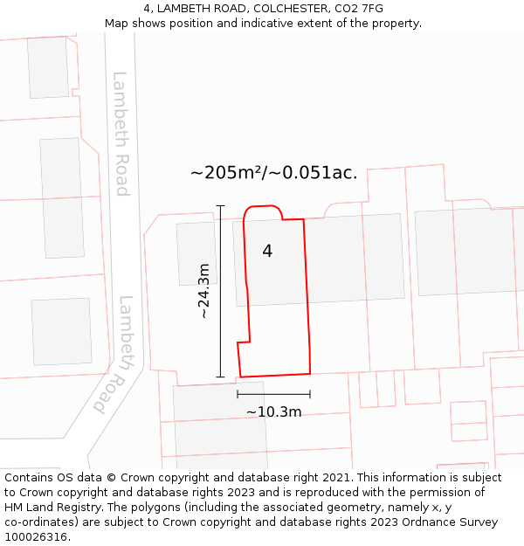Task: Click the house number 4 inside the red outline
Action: (267, 252)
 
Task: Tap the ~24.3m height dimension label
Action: (204, 291)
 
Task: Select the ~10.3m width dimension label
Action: (273, 412)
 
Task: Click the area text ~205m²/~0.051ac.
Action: (273, 173)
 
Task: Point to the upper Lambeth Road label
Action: (121, 134)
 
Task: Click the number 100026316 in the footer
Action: (36, 537)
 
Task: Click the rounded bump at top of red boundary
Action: (263, 210)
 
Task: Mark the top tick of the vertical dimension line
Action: (220, 206)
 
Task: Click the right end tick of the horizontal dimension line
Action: (310, 395)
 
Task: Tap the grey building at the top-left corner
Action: (47, 67)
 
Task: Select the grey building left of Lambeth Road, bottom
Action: (61, 331)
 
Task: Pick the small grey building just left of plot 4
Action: (196, 253)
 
